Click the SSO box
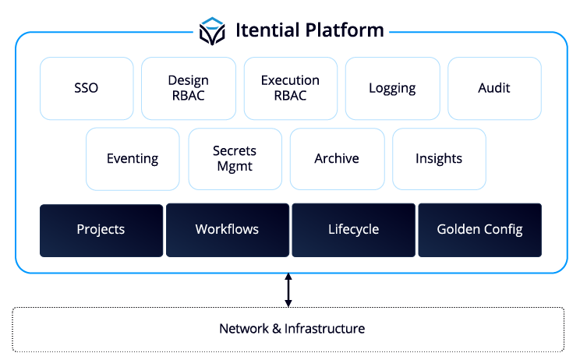pos(86,88)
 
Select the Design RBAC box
pos(188,88)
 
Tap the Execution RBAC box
pos(290,88)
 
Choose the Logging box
pos(392,88)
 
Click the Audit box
pos(494,88)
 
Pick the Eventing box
pos(133,159)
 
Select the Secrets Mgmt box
pos(235,159)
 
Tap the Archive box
pos(337,159)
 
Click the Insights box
pos(439,159)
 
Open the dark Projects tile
pos(101,230)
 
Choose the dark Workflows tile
pos(227,230)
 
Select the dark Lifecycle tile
pos(353,230)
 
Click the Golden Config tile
pos(479,230)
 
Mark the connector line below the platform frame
pos(288,290)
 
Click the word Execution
pos(290,80)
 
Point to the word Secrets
pos(235,151)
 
